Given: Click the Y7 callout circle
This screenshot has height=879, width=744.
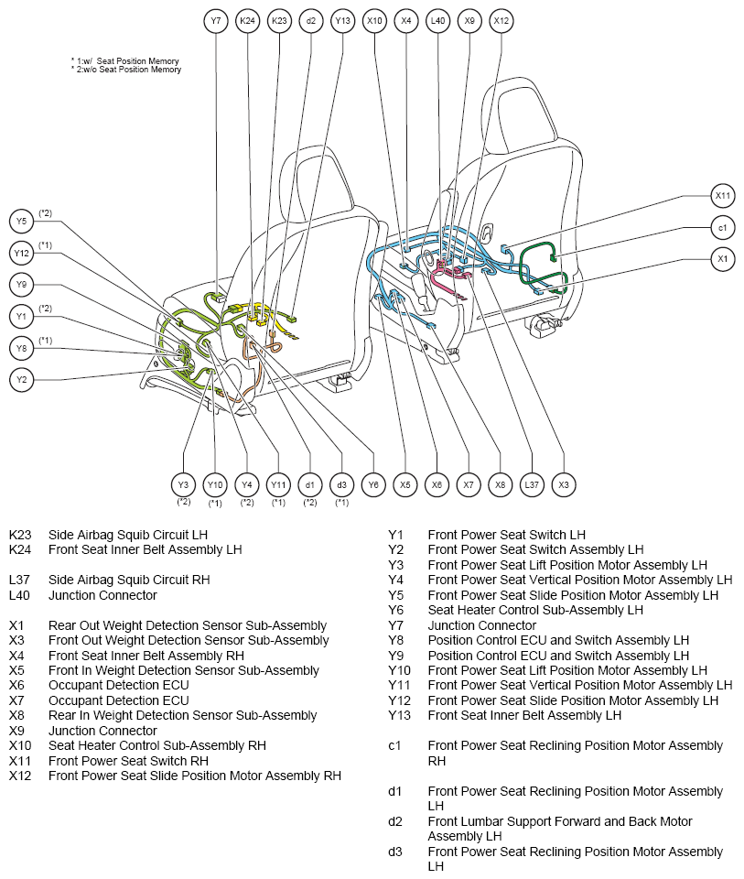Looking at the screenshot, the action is pos(216,21).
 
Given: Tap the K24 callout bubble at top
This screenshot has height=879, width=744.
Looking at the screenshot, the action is pos(247,21).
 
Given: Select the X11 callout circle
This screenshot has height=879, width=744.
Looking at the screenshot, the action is pos(723,196).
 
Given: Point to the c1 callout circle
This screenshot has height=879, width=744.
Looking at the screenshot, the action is pos(723,228).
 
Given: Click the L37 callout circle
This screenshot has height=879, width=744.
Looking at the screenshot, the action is pos(532,485).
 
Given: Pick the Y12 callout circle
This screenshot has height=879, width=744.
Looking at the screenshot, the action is pos(21,253).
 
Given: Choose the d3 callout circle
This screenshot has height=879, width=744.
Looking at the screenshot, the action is pos(341,485).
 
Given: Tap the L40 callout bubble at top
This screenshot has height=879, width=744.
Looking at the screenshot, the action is pos(437,21).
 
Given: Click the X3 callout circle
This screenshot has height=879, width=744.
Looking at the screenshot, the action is pos(564,485).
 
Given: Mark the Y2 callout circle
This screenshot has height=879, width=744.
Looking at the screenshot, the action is pos(21,379).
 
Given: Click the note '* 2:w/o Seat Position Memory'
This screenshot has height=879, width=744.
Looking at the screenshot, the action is pos(126,70).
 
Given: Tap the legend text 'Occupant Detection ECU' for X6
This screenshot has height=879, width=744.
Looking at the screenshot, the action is pos(119,685).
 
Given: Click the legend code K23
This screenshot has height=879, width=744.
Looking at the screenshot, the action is pos(20,535).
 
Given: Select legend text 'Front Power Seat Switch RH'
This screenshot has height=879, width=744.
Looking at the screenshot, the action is pos(128,761).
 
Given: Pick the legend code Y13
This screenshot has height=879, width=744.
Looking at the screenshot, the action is pos(399,715).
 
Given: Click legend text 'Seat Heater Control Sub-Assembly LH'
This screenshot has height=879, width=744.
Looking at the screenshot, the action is pos(535,610).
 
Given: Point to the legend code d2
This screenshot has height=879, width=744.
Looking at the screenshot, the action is pos(395,821).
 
